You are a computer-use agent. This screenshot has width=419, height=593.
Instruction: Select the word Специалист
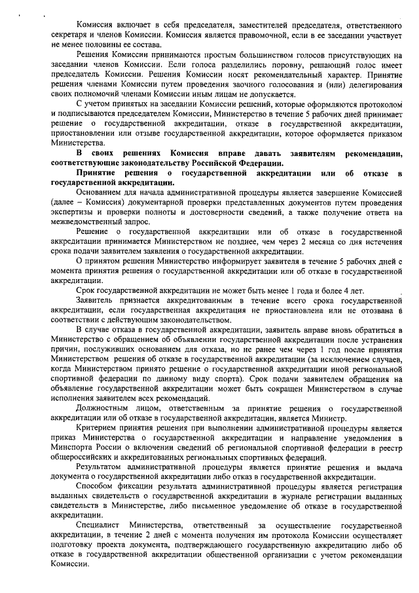tap(98, 526)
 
